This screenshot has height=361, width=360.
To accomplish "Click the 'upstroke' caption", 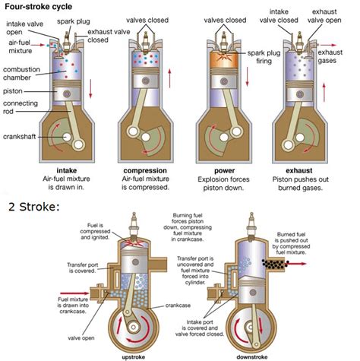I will pos(134,355).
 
